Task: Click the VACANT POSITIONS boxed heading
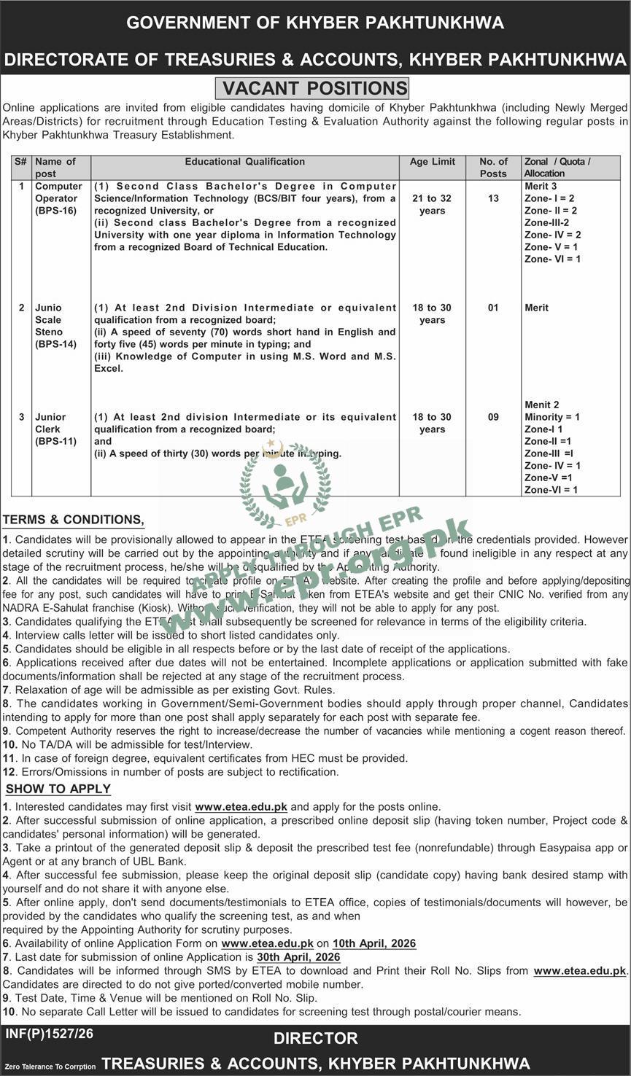coord(314,88)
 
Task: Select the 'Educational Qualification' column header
coord(244,162)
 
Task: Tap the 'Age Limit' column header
coord(433,162)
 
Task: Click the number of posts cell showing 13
coord(493,198)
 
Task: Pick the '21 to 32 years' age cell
coord(433,204)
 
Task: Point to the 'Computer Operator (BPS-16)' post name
coord(58,198)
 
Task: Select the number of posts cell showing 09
coord(493,417)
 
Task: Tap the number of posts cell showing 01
coord(493,308)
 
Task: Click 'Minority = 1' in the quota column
coord(552,417)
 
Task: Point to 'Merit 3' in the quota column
coord(541,187)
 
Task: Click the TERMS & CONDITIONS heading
coord(73,520)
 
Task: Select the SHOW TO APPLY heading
coord(58,789)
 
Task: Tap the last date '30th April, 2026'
coord(298,956)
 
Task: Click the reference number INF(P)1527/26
coord(50,1034)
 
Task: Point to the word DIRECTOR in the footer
coord(316,1038)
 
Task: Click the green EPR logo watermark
coord(284,486)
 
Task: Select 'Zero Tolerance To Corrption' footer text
coord(50,1067)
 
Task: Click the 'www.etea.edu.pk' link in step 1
coord(241,807)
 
